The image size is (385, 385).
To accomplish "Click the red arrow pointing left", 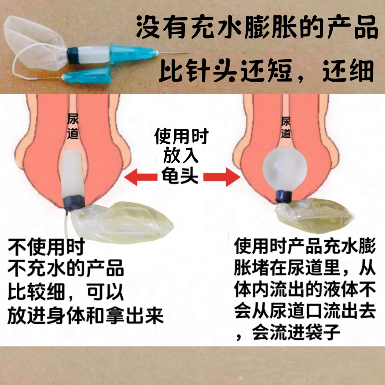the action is point(141,177).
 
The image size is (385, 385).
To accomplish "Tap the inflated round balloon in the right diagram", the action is point(284,168).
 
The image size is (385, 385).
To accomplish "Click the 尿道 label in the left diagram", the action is point(73,126).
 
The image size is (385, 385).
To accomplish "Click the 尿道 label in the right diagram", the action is point(286,127).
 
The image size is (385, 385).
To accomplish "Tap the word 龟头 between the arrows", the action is point(180,175).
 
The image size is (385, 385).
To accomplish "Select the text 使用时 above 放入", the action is point(181,136).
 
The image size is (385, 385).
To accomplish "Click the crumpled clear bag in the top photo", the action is point(34,44).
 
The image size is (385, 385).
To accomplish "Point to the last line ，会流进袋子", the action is point(288,333).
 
